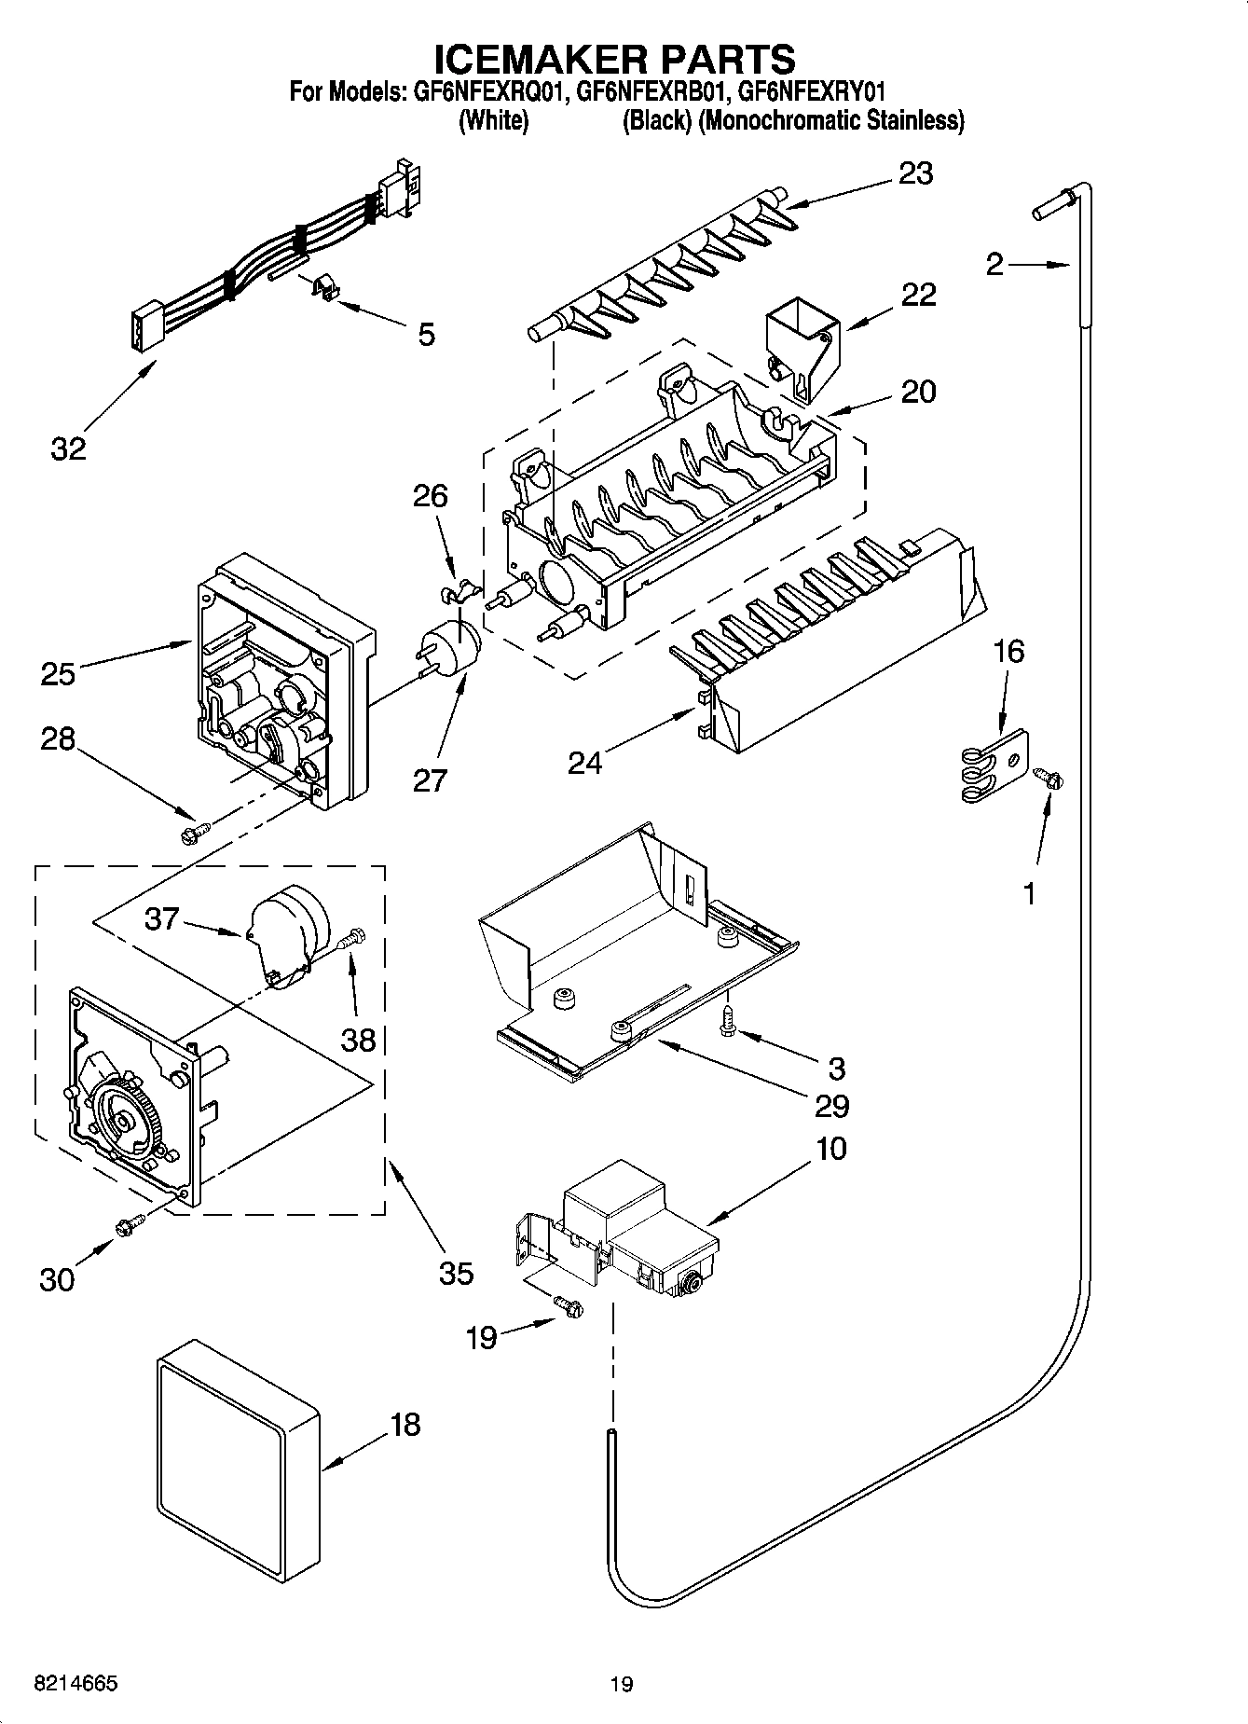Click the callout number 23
[915, 174]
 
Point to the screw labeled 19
[568, 1308]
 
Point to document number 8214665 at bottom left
[75, 1683]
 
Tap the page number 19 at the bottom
[622, 1684]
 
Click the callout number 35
[455, 1273]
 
